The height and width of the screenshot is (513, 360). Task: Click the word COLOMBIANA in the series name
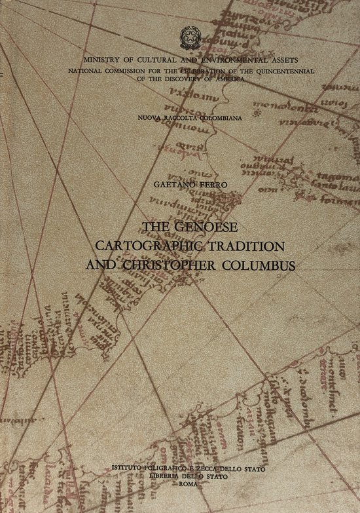point(213,115)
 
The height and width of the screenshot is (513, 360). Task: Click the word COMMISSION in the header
point(130,69)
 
